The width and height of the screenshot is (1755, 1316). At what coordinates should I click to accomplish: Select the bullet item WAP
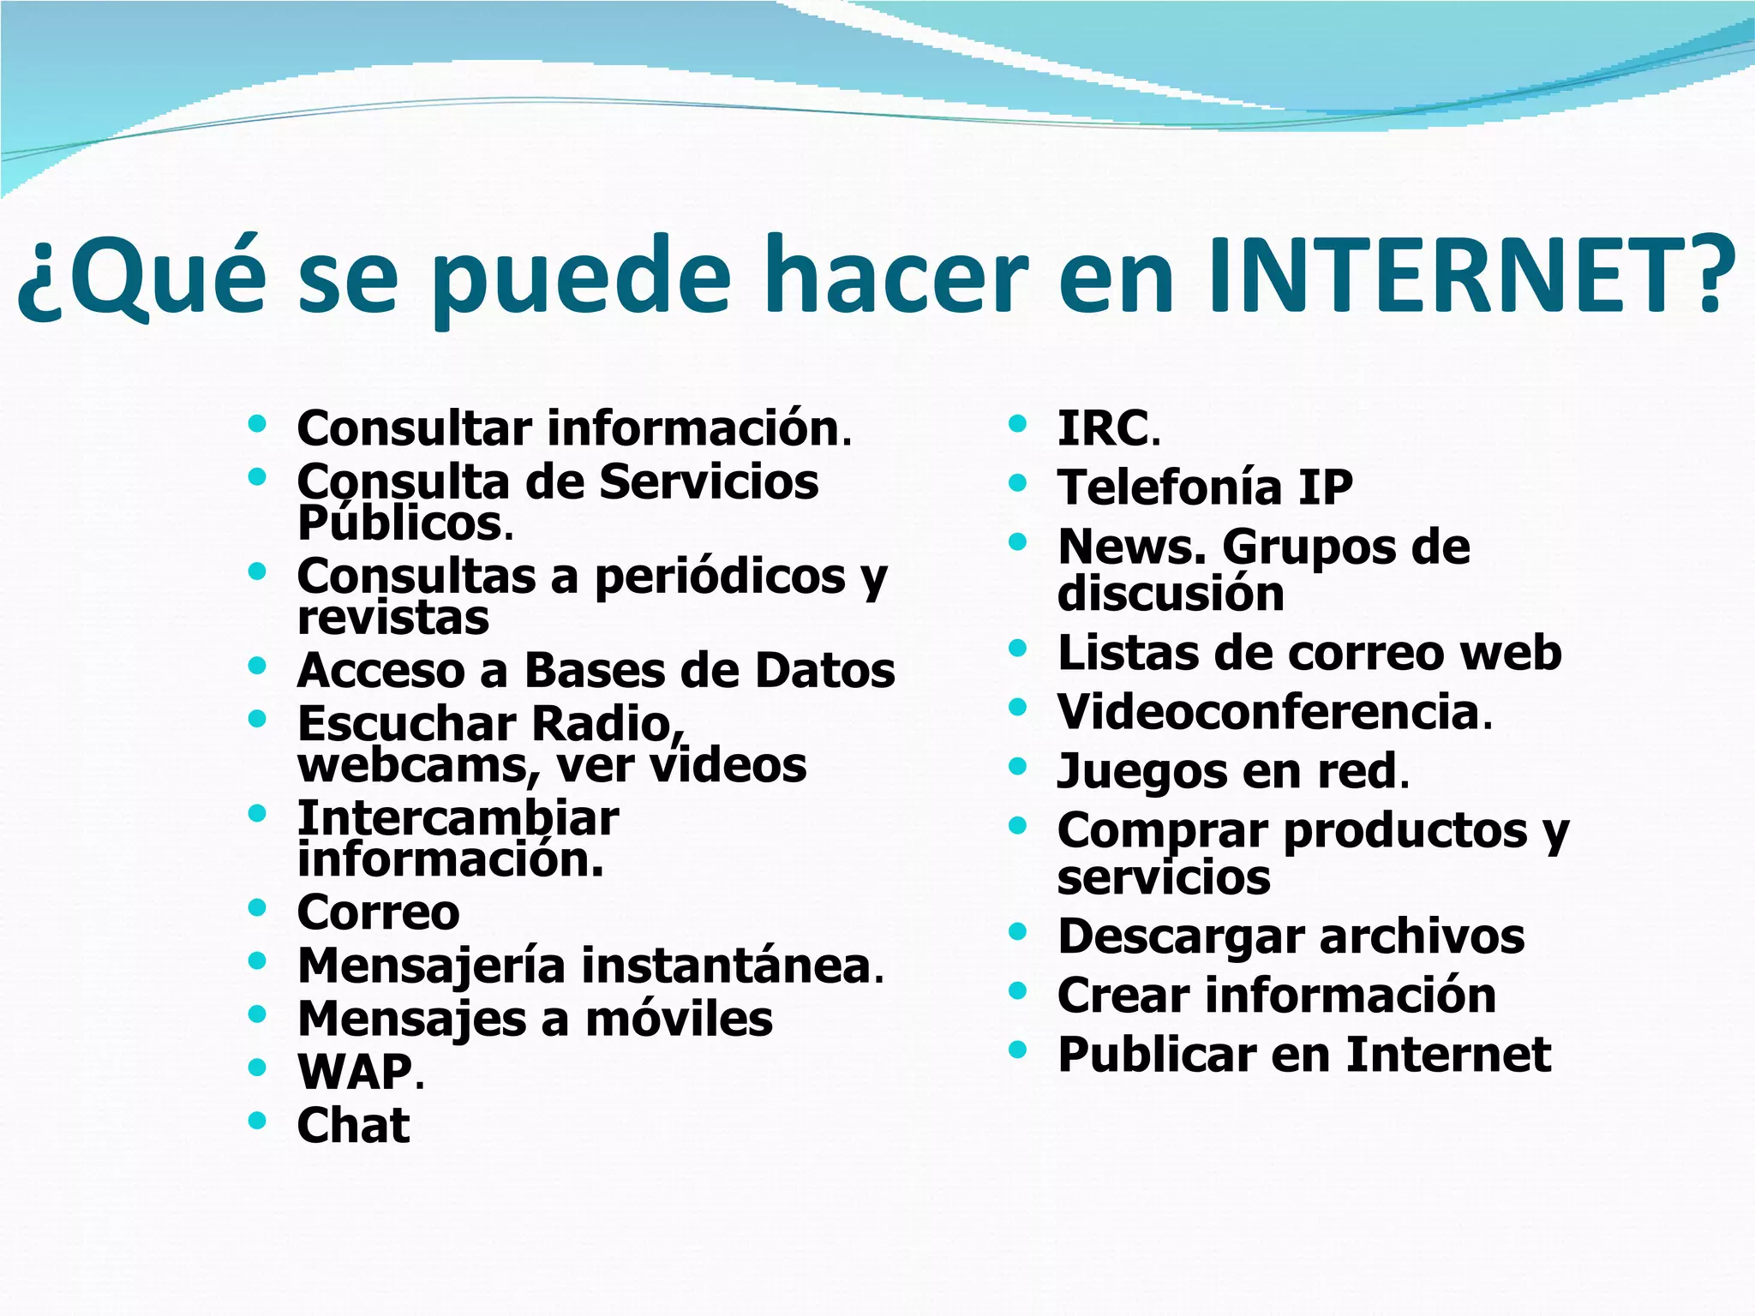point(355,1072)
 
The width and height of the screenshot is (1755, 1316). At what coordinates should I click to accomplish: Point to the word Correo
point(378,912)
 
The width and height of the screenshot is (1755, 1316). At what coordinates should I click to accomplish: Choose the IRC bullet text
point(1103,428)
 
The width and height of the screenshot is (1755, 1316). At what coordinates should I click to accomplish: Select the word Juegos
point(1141,771)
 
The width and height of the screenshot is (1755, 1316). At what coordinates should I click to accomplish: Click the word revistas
point(393,618)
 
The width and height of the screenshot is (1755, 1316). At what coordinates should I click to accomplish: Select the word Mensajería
point(432,966)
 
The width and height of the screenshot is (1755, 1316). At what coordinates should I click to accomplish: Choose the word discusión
point(1171,594)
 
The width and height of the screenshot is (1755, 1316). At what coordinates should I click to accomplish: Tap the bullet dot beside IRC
point(1017,423)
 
